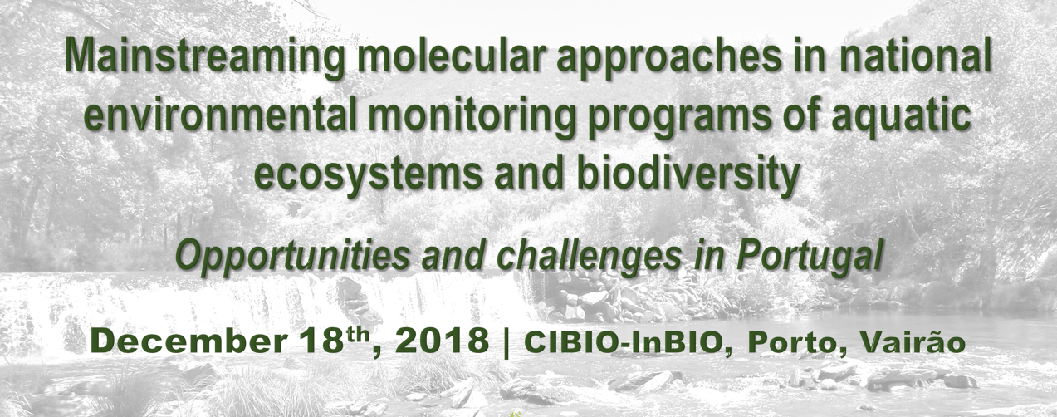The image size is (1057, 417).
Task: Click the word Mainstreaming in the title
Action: click(204, 56)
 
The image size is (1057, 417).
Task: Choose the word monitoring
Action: click(472, 115)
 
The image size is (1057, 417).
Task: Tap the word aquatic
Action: click(902, 115)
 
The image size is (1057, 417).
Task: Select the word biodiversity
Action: click(688, 173)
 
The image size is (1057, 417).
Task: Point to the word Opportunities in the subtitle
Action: click(292, 258)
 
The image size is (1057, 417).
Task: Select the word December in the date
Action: click(188, 341)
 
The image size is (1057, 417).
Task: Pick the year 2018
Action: click(443, 341)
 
